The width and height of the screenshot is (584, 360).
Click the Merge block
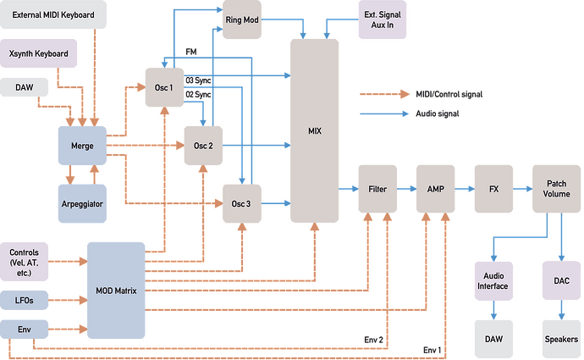click(x=83, y=145)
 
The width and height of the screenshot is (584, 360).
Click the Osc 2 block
click(x=204, y=145)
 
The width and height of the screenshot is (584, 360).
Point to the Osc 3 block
click(x=242, y=203)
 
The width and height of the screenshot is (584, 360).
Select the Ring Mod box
click(x=243, y=19)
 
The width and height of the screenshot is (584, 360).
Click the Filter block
click(x=377, y=191)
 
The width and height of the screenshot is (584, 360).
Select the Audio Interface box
click(x=494, y=280)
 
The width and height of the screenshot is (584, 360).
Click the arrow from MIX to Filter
click(x=344, y=191)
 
